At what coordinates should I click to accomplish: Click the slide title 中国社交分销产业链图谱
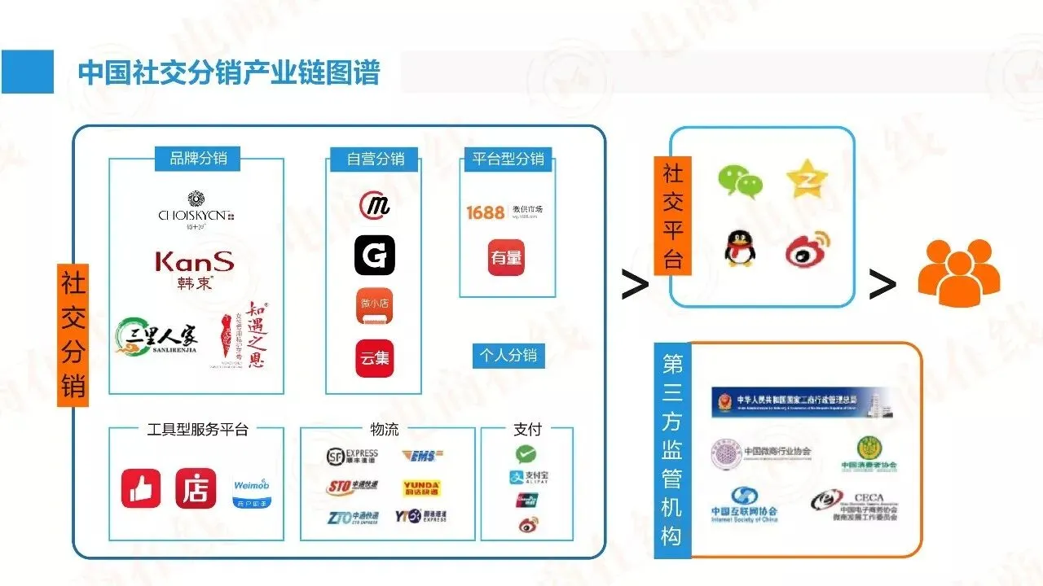(229, 72)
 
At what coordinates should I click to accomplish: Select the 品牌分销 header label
(198, 158)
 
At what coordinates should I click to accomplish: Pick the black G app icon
(374, 255)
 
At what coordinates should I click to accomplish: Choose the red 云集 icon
(374, 358)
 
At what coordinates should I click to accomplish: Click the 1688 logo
(485, 212)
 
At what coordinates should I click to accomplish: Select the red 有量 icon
(506, 258)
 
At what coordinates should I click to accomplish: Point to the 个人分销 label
(508, 356)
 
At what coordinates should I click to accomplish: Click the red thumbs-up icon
(141, 489)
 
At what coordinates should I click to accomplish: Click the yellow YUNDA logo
(422, 488)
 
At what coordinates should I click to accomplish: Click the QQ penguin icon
(739, 247)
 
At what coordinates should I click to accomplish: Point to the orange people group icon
(958, 273)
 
